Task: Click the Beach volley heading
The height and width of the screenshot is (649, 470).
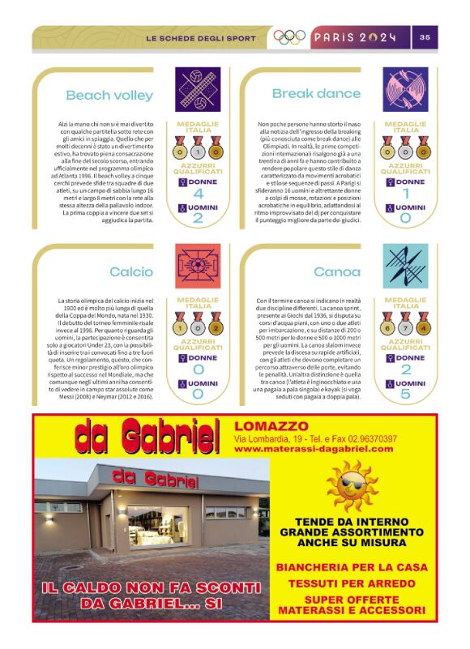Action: (x=109, y=96)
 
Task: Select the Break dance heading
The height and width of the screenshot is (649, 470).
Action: (x=315, y=94)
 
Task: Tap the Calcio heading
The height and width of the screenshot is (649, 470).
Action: (x=131, y=272)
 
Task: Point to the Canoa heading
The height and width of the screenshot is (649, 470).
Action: (x=337, y=272)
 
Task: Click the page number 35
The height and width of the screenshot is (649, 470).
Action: (x=425, y=37)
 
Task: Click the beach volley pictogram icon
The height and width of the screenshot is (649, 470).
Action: (x=198, y=88)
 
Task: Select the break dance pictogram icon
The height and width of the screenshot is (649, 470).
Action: (x=405, y=88)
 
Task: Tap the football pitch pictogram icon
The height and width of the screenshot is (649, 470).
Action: (x=198, y=266)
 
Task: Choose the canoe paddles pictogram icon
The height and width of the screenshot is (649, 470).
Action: (x=405, y=266)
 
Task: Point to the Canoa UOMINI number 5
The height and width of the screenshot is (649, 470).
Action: (x=405, y=395)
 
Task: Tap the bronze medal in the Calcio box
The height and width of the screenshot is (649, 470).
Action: (x=216, y=328)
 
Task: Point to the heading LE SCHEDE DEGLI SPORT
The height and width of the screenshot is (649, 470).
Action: (x=200, y=38)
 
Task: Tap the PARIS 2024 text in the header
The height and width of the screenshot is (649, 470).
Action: (x=355, y=37)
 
